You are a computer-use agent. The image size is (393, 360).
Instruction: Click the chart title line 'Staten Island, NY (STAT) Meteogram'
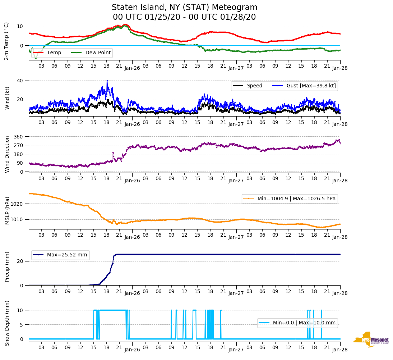[x=184, y=8]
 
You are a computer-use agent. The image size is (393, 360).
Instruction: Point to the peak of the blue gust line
[x=107, y=81]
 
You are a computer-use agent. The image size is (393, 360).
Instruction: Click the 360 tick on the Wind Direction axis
[x=19, y=137]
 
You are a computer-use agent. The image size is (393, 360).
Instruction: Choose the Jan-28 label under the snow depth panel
[x=340, y=350]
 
